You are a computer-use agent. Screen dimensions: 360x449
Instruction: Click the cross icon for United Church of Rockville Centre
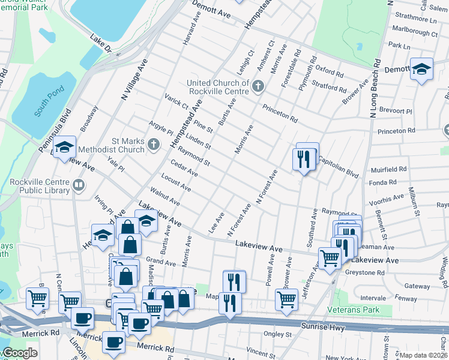pyautogui.click(x=258, y=87)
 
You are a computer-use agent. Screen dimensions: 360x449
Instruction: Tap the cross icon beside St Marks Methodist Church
pyautogui.click(x=154, y=145)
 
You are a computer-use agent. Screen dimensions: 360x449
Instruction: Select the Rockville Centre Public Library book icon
pyautogui.click(x=78, y=187)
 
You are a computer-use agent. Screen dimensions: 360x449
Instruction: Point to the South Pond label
pyautogui.click(x=49, y=104)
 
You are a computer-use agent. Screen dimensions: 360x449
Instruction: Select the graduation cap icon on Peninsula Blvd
pyautogui.click(x=63, y=148)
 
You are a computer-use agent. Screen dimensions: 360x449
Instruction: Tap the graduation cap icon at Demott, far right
pyautogui.click(x=422, y=68)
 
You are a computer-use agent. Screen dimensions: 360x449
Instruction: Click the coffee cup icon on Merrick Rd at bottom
pyautogui.click(x=113, y=342)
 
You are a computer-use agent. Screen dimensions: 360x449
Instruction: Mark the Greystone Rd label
pyautogui.click(x=364, y=272)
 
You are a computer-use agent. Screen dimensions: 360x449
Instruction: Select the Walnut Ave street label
pyautogui.click(x=165, y=198)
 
